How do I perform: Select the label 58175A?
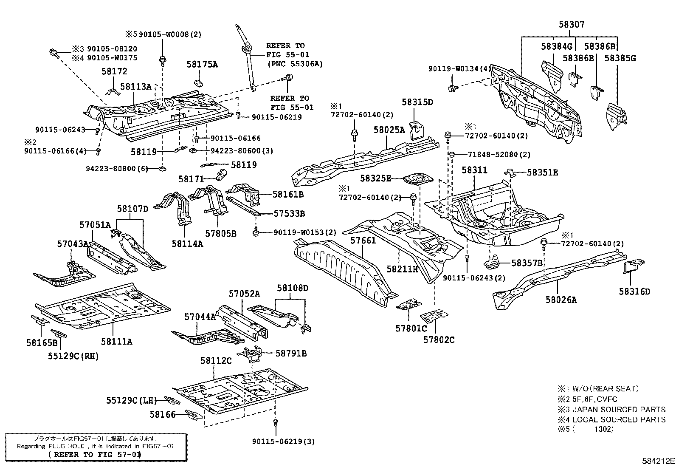(x=202, y=64)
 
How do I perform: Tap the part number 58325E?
(x=375, y=178)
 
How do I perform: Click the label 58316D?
(x=634, y=292)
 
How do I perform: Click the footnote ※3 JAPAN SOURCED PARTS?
(x=611, y=410)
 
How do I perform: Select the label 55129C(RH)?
(x=73, y=356)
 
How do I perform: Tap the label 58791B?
(x=291, y=353)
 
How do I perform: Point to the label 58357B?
(x=527, y=263)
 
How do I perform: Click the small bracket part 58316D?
(x=631, y=266)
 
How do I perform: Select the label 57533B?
(x=289, y=214)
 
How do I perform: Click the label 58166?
(x=162, y=414)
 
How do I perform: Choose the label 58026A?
(x=561, y=300)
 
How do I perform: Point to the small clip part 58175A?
(x=198, y=82)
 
